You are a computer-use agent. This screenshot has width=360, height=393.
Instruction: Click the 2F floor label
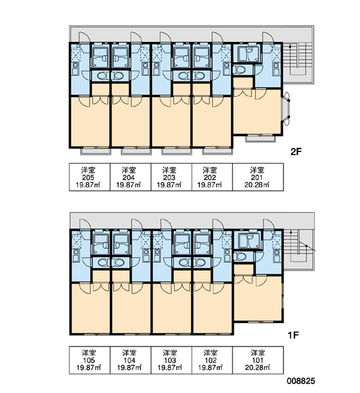(296, 151)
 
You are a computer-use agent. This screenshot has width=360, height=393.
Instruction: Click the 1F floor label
(293, 335)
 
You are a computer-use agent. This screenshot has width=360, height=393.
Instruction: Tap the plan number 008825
(301, 381)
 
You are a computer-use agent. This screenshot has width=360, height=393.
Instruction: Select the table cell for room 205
(90, 178)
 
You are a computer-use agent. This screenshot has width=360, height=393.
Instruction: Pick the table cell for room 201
(258, 178)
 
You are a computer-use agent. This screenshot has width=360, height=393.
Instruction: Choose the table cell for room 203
(171, 178)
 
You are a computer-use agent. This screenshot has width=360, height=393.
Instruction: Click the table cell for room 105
(90, 360)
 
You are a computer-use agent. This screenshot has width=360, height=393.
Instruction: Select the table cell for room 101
(258, 360)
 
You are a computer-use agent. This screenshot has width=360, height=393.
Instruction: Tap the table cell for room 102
(212, 360)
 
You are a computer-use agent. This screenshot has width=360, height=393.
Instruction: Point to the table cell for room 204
(130, 178)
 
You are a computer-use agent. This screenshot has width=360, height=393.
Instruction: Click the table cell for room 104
(130, 360)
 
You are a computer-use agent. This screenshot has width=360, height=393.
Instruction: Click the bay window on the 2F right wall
(286, 109)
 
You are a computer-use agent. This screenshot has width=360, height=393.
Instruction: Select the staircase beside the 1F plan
(298, 250)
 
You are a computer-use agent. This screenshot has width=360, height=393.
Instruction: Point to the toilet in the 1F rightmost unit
(239, 256)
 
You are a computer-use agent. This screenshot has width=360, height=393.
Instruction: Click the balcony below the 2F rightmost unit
(261, 138)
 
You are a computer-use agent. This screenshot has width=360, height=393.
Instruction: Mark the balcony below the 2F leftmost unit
(96, 151)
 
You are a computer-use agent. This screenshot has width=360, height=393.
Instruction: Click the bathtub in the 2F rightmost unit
(247, 54)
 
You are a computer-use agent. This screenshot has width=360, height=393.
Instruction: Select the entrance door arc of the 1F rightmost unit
(269, 224)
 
